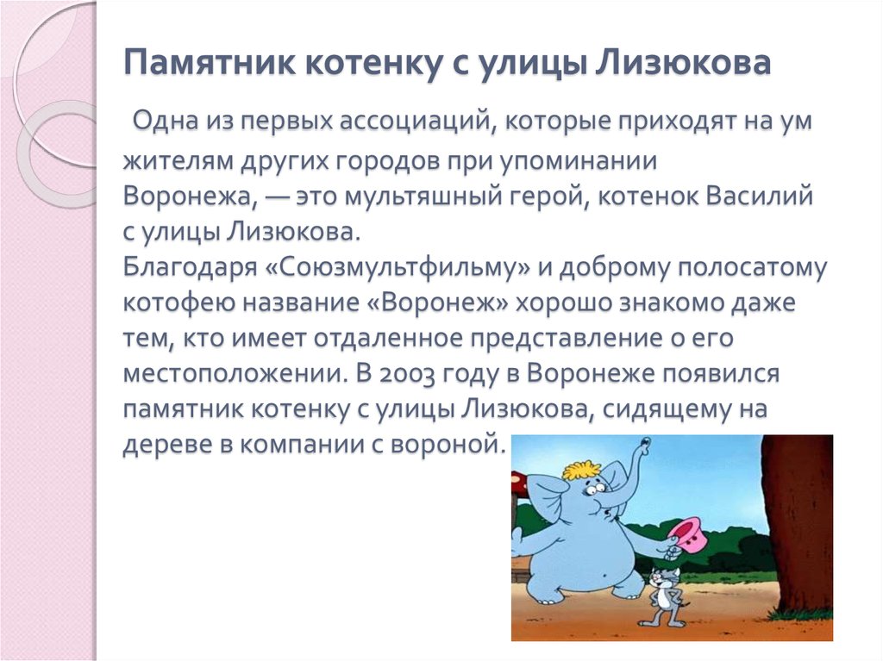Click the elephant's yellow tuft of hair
(581, 470)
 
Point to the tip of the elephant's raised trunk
(643, 445)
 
